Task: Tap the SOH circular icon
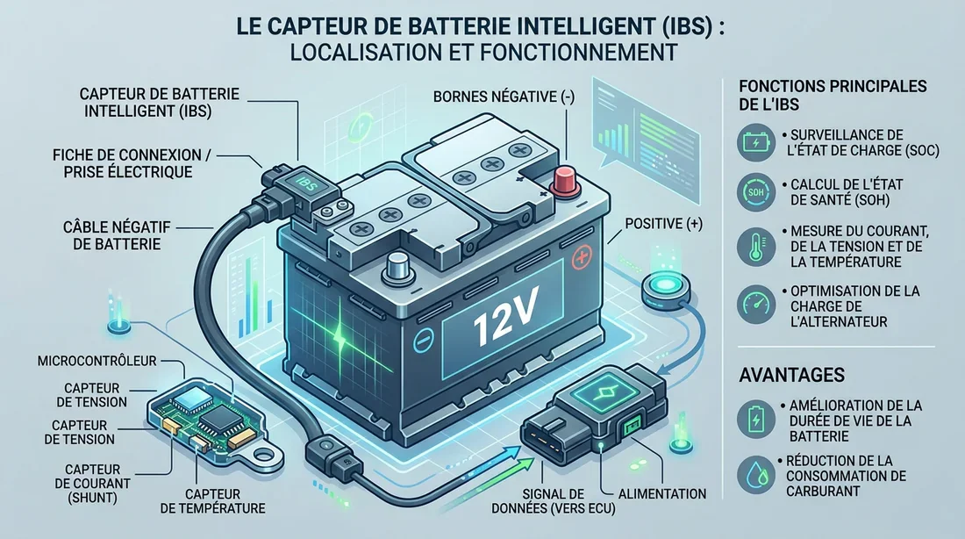[x=754, y=190]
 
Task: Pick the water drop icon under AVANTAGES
[x=754, y=471]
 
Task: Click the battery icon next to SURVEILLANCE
[x=754, y=142]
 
